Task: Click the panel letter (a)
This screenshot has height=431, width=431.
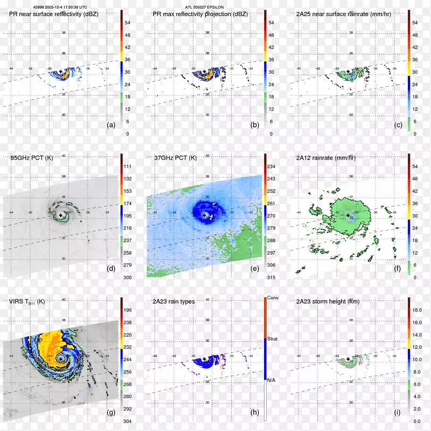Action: point(111,124)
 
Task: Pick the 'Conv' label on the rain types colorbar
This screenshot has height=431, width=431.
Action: point(274,298)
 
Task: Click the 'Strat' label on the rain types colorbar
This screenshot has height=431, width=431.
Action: point(274,339)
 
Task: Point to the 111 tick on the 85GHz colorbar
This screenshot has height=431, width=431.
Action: point(128,167)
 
